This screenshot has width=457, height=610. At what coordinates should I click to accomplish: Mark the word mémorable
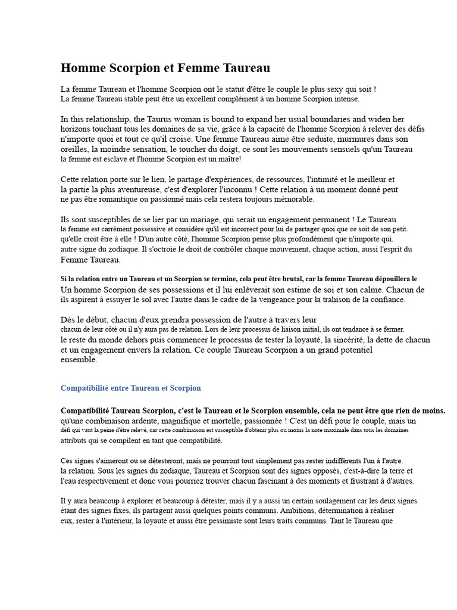tap(291, 199)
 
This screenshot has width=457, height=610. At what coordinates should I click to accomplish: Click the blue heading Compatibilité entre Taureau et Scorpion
tap(131, 388)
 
